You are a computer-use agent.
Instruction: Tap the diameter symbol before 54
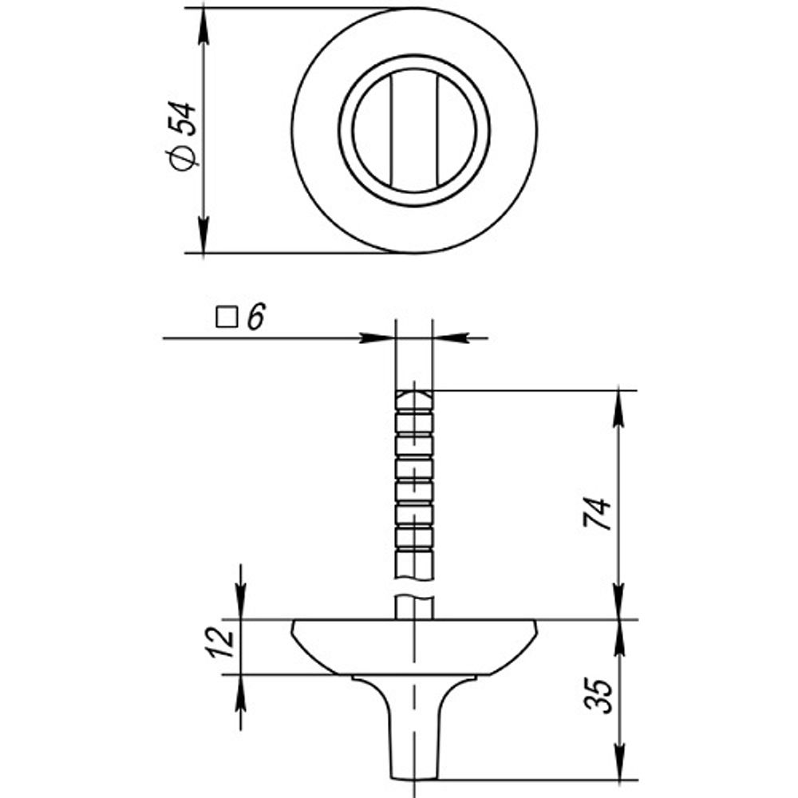[182, 158]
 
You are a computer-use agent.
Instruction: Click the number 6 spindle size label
[255, 318]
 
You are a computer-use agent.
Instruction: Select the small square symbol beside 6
[227, 318]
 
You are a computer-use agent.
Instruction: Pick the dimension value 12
[226, 642]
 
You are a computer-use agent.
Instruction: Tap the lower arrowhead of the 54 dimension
[203, 238]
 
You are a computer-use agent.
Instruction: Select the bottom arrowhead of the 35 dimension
[618, 764]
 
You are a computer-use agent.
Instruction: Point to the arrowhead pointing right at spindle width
[380, 338]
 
